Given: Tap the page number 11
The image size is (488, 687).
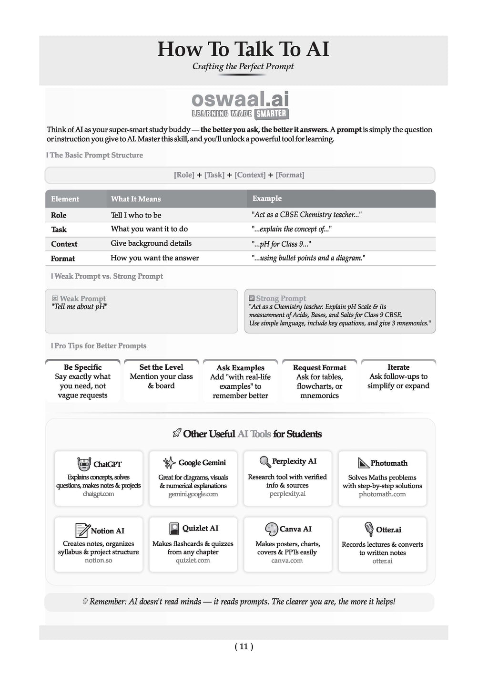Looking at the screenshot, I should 244,646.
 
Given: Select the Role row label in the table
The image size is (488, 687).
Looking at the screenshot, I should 59,215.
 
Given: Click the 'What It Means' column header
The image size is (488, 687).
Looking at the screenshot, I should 136,199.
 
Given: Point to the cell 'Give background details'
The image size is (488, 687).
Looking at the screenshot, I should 151,243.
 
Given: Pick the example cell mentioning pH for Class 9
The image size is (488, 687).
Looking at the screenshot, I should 281,244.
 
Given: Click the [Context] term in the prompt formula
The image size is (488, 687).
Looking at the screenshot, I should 250,175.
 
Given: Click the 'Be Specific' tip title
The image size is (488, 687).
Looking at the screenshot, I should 82,367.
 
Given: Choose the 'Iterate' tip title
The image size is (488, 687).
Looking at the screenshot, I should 398,367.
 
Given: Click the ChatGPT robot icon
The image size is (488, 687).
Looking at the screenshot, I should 84,464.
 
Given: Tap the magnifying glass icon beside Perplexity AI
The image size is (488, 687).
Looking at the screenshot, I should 265,461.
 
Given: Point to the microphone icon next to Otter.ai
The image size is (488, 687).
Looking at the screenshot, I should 369,529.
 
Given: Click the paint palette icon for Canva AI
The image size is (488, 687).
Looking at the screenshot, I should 271,529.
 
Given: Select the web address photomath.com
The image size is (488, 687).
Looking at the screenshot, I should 382,494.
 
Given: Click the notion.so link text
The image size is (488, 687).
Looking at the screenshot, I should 99,560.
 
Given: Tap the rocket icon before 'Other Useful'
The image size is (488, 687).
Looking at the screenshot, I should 177,433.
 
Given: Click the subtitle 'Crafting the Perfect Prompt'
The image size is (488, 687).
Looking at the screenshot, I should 243,66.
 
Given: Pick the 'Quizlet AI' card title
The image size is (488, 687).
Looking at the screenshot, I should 200,528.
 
